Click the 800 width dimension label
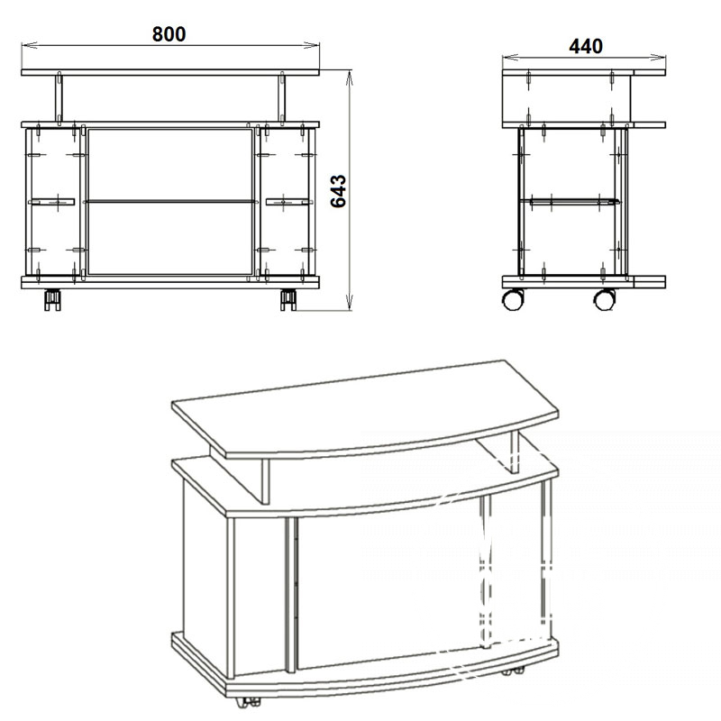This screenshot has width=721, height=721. tap(169, 34)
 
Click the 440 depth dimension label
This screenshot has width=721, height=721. tap(586, 46)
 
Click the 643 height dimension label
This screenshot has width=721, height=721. tap(339, 191)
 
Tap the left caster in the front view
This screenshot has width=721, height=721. tap(52, 300)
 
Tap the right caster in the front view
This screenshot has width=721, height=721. tap(288, 300)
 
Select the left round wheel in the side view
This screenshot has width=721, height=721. tap(513, 299)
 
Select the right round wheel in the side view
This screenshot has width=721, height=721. tap(605, 299)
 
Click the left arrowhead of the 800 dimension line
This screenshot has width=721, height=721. tap(29, 45)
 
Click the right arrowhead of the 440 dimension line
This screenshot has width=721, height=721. tap(659, 58)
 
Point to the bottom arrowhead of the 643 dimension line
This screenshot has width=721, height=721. tap(350, 303)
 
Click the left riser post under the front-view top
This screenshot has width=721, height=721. tap(59, 98)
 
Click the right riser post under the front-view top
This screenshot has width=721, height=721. tap(282, 98)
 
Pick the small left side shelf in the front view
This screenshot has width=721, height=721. tap(51, 202)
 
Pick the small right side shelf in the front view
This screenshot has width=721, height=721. tap(288, 202)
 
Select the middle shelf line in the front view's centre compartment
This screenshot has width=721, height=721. tap(169, 201)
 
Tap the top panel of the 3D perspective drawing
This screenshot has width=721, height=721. tap(366, 408)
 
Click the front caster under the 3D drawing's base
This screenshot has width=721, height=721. tap(247, 702)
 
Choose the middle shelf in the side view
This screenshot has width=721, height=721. tap(570, 201)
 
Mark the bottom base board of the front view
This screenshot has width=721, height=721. tap(170, 282)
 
